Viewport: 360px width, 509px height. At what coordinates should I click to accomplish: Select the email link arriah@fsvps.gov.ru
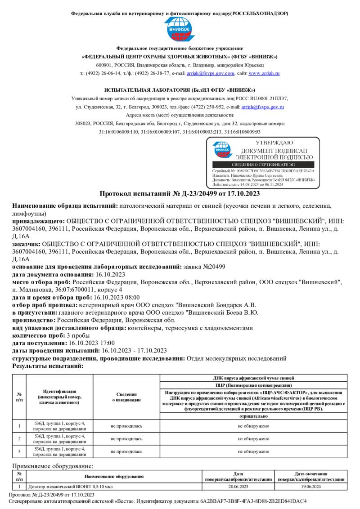262,107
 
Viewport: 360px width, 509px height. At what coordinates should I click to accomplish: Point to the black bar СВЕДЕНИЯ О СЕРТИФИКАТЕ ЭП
263,165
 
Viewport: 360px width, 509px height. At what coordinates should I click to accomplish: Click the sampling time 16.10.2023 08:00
116,297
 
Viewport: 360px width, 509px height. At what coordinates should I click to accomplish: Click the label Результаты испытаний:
48,366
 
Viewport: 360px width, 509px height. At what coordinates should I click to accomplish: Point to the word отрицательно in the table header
253,416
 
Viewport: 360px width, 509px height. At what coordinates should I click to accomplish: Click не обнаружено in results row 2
253,438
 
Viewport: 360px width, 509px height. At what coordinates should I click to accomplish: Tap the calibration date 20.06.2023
238,487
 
